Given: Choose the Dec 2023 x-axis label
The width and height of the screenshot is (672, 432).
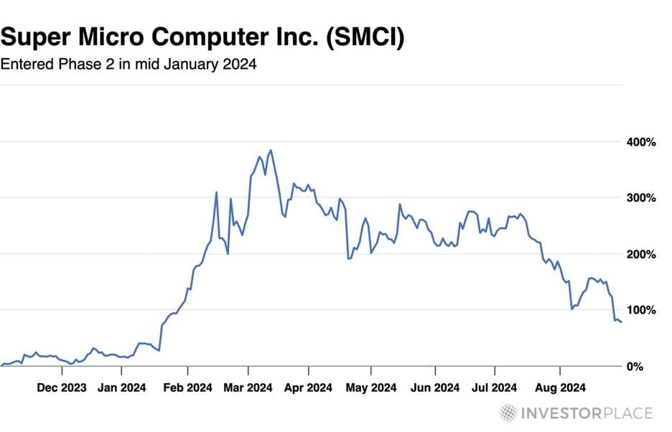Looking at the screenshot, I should coord(62,388).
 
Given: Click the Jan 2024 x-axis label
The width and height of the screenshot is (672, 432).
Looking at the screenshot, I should coord(122,388).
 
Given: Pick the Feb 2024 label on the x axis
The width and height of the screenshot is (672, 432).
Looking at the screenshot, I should coord(187,388).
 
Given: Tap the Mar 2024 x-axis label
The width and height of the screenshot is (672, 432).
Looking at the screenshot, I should coord(248,388).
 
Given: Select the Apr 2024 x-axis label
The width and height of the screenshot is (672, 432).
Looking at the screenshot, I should coord(308,388).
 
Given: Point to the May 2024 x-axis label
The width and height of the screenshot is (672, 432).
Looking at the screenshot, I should coord(371,388).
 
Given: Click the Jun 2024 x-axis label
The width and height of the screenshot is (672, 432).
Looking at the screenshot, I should coord(435,388).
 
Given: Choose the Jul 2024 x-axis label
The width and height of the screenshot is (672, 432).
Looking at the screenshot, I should coord(495,388).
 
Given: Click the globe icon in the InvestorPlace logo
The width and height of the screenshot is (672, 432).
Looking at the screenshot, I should coord(508,413).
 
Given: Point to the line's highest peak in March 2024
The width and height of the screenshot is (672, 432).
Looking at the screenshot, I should coord(271,150).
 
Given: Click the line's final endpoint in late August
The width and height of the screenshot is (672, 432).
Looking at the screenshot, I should coord(621,322).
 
